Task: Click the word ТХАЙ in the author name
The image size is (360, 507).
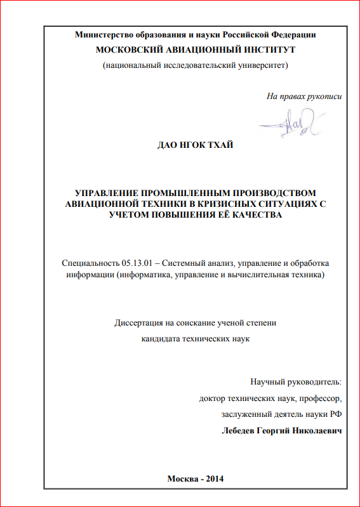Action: (220, 145)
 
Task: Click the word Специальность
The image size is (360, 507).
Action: (90, 263)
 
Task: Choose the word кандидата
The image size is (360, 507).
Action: (163, 338)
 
